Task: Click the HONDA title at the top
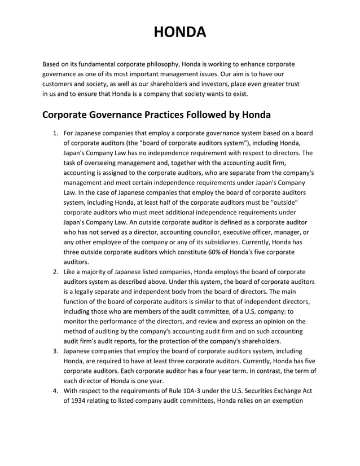point(180,32)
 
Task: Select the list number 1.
point(55,133)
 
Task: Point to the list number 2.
point(55,272)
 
